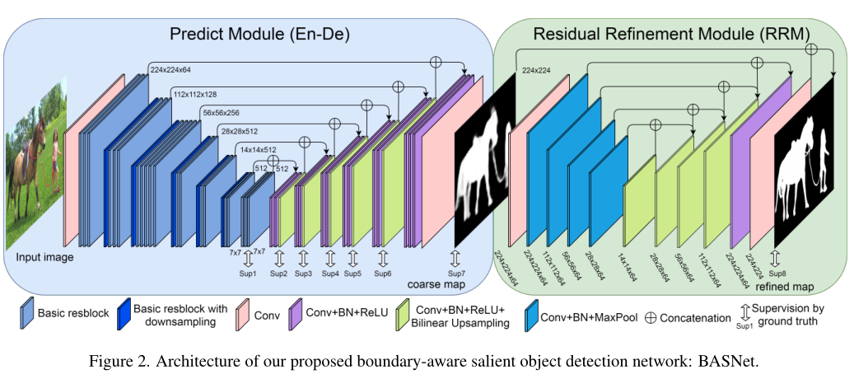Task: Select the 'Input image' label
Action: tap(44, 257)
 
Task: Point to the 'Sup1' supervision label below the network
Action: tap(248, 273)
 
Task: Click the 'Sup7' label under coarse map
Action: tap(456, 273)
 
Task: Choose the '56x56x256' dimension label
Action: tap(220, 113)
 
